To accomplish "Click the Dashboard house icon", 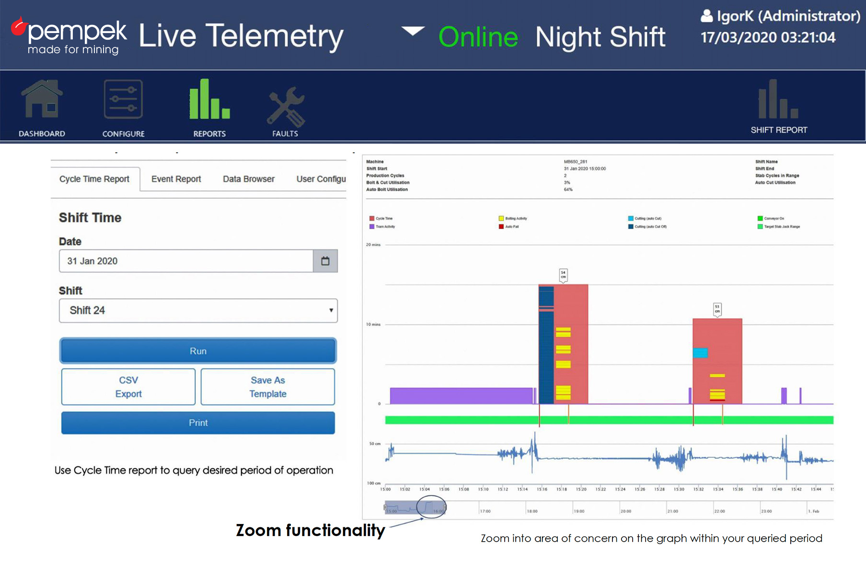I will click(x=42, y=99).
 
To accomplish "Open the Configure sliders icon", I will click(x=123, y=99).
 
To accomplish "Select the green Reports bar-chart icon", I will click(x=209, y=99).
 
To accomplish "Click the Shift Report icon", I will click(x=778, y=99).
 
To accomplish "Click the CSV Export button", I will click(x=128, y=387).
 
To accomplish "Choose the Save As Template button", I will click(x=268, y=387).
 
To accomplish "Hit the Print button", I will click(x=198, y=422).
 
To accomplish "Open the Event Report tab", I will click(x=176, y=179).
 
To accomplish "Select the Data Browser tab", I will click(x=248, y=179).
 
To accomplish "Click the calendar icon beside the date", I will click(x=325, y=261).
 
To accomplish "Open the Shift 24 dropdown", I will click(x=198, y=310).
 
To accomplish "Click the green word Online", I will click(x=478, y=37).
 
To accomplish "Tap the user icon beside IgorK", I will click(x=706, y=16).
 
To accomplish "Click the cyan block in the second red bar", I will click(x=700, y=353).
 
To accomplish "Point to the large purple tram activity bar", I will click(x=461, y=396).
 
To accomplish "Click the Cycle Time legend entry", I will click(x=383, y=218).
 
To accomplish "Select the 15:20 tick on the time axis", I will click(x=581, y=489).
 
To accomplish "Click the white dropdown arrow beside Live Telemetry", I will click(x=413, y=32).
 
